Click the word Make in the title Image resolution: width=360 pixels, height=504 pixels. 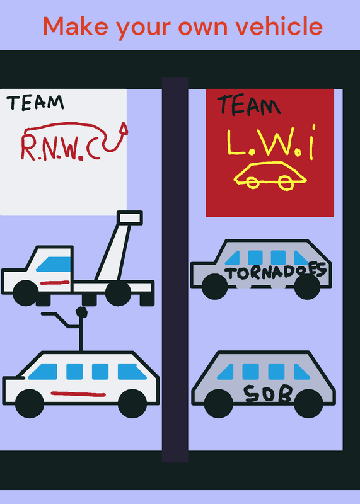pyautogui.click(x=76, y=26)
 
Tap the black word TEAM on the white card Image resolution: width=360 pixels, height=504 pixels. pyautogui.click(x=35, y=103)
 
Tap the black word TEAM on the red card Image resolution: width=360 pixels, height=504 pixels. pyautogui.click(x=248, y=105)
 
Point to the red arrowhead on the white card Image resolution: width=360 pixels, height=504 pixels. pyautogui.click(x=123, y=129)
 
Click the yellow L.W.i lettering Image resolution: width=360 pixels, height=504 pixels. pyautogui.click(x=271, y=142)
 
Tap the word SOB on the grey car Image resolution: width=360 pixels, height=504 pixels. pyautogui.click(x=268, y=393)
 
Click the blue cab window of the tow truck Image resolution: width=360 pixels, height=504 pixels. pyautogui.click(x=54, y=264)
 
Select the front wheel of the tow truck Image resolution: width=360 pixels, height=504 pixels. pyautogui.click(x=26, y=293)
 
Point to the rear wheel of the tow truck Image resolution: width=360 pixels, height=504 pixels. pyautogui.click(x=118, y=293)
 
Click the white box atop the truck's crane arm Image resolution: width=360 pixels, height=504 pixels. pyautogui.click(x=130, y=218)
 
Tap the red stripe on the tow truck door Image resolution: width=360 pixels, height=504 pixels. pyautogui.click(x=55, y=282)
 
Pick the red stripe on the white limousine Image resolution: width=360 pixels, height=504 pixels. pyautogui.click(x=78, y=394)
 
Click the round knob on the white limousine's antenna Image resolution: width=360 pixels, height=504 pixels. pyautogui.click(x=81, y=312)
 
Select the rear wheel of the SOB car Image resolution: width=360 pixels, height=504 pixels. pyautogui.click(x=308, y=403)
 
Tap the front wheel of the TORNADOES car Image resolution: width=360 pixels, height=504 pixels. pyautogui.click(x=214, y=287)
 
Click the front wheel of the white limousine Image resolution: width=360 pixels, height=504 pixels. pyautogui.click(x=30, y=403)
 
